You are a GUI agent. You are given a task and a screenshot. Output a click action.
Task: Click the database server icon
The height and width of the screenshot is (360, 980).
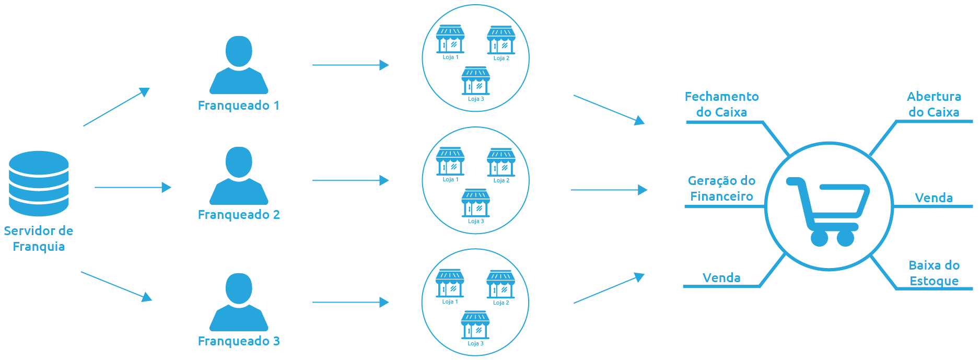tap(39, 183)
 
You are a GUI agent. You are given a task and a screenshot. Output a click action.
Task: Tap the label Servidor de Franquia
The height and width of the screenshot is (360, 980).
tap(39, 238)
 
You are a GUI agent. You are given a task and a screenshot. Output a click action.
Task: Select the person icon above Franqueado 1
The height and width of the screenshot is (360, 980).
tap(239, 65)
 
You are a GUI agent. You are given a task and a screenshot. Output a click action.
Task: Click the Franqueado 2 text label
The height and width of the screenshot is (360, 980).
tap(239, 215)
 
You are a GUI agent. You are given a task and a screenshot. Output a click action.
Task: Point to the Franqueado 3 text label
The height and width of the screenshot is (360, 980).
tap(239, 341)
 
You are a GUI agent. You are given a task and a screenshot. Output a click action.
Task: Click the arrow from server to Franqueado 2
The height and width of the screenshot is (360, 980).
tap(133, 187)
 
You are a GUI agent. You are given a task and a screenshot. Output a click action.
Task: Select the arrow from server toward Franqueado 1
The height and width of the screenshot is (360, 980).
tap(116, 107)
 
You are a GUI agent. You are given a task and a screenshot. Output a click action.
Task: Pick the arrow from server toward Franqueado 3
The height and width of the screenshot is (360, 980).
tap(116, 286)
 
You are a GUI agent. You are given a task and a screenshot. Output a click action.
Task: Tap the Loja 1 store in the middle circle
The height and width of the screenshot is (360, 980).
tap(450, 161)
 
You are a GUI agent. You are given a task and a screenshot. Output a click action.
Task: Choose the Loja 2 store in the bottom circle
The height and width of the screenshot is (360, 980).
tap(501, 284)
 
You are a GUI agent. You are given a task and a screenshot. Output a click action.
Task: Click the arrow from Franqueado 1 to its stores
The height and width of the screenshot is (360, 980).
tap(351, 65)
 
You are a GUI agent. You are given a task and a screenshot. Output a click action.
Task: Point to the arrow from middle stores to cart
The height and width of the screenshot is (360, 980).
tap(609, 190)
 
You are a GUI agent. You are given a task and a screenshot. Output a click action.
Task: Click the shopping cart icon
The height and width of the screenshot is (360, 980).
tap(827, 209)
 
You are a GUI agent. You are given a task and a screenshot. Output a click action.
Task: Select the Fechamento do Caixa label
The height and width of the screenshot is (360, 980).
tap(721, 104)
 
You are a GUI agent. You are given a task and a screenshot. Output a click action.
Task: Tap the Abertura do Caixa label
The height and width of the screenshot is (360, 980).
tap(934, 104)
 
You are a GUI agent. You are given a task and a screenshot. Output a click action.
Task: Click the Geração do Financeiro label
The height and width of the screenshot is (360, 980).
tap(721, 189)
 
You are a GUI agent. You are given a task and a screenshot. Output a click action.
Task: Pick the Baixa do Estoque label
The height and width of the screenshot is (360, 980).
tap(934, 273)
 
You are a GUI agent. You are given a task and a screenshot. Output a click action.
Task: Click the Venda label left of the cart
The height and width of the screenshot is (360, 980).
tap(721, 278)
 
